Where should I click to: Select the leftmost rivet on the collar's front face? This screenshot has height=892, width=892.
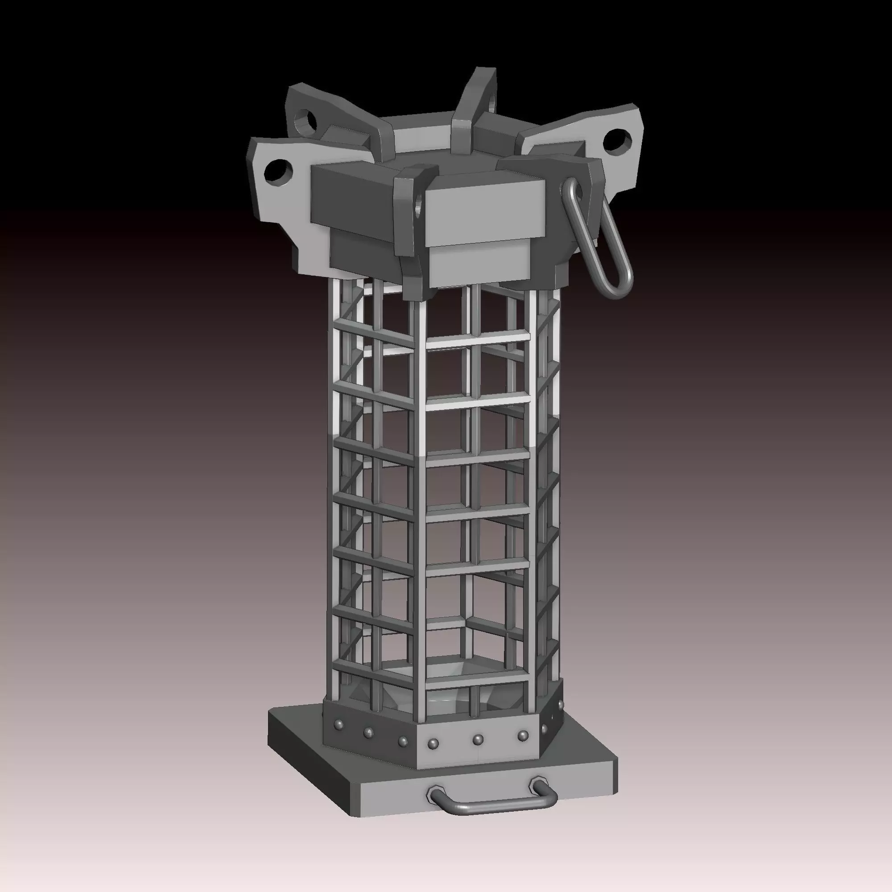(x=433, y=744)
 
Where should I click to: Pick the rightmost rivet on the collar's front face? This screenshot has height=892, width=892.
(x=523, y=735)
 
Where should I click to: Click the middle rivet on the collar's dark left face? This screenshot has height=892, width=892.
(x=368, y=732)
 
